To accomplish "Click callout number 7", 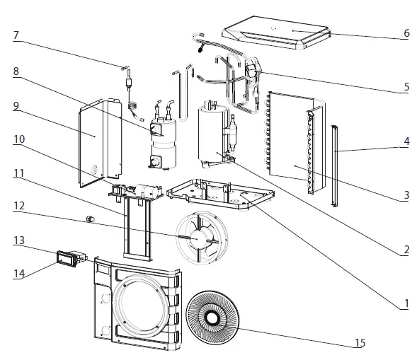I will (16, 35).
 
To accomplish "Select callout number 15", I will (360, 344).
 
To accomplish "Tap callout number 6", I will (406, 34).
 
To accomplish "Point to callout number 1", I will (406, 303).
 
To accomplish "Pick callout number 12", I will (18, 206).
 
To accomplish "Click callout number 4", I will (406, 141).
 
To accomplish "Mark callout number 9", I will (16, 108).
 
